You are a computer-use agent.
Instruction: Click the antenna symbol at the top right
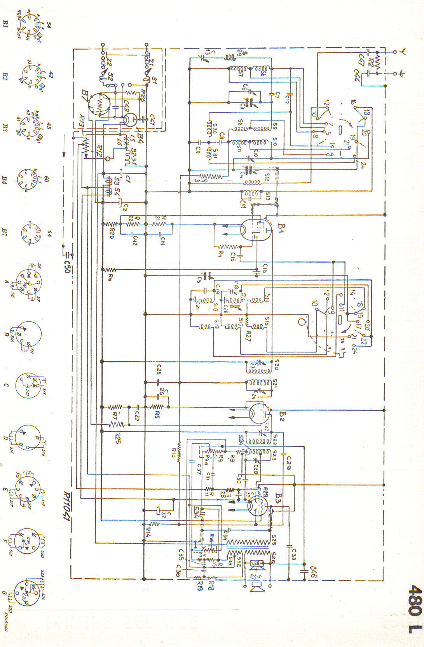point(404,52)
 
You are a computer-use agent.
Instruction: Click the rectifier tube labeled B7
point(100,104)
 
